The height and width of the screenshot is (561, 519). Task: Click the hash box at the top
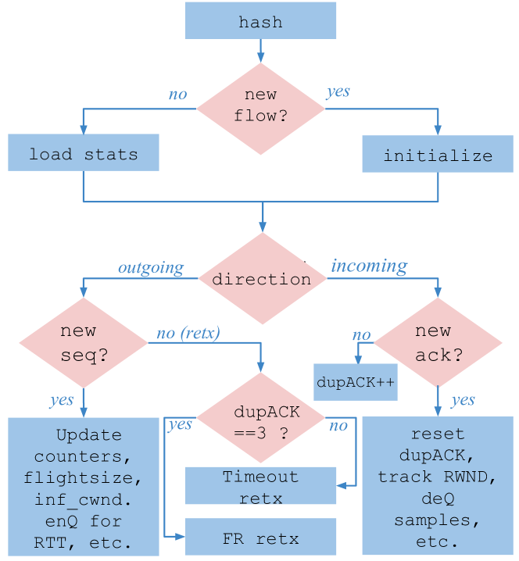coord(260,20)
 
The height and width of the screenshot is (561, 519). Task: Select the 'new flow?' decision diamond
coord(260,106)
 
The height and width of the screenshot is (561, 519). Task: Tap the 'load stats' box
coord(84,153)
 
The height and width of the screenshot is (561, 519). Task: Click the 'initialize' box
coord(438,155)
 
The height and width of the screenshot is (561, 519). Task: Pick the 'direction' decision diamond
coord(261,279)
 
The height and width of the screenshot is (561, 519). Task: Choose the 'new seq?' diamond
coord(83,343)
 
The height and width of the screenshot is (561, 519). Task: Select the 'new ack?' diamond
coord(438,343)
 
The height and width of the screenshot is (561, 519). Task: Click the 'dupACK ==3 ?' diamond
coord(261,420)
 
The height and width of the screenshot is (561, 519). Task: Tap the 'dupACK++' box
coord(356,383)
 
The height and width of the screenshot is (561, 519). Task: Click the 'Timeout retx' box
coord(260,485)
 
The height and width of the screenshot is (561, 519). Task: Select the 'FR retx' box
coord(260,538)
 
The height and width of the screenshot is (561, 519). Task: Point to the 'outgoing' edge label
coord(150,268)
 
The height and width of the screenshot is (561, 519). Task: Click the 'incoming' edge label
coord(369,266)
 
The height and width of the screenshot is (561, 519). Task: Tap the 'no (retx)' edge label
coord(188,334)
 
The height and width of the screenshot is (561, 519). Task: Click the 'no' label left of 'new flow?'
coord(178,95)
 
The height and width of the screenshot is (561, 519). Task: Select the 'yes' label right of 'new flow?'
coord(338,92)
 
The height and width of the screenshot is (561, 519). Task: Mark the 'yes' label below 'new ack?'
coord(463,400)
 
